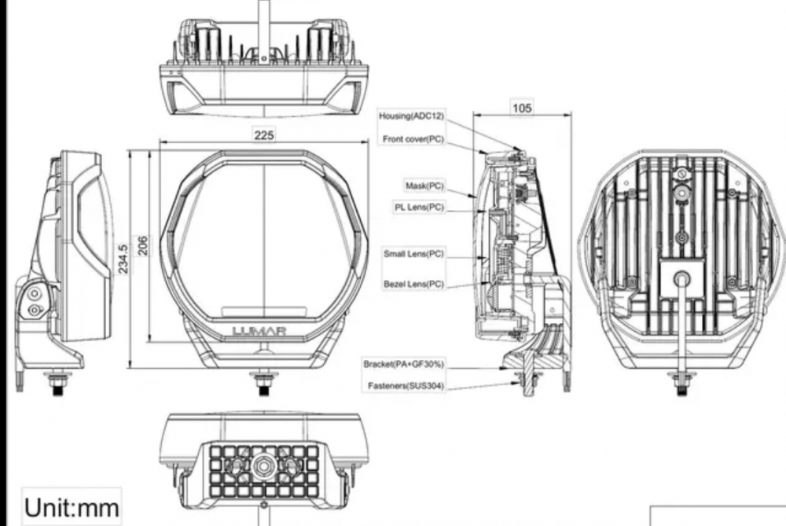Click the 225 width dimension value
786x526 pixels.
(x=264, y=136)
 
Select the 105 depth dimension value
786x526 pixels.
(x=523, y=108)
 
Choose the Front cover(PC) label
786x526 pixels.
(x=413, y=139)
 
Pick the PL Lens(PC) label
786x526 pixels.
(x=419, y=208)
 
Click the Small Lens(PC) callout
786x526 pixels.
(x=413, y=254)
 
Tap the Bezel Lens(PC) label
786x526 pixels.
(x=413, y=283)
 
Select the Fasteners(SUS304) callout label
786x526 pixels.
(x=406, y=386)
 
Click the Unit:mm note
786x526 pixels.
(x=71, y=508)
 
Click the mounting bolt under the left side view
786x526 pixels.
(x=57, y=384)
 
